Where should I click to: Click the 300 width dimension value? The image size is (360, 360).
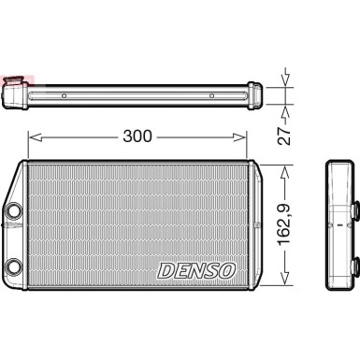137,137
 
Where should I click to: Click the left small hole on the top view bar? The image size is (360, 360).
64,95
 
